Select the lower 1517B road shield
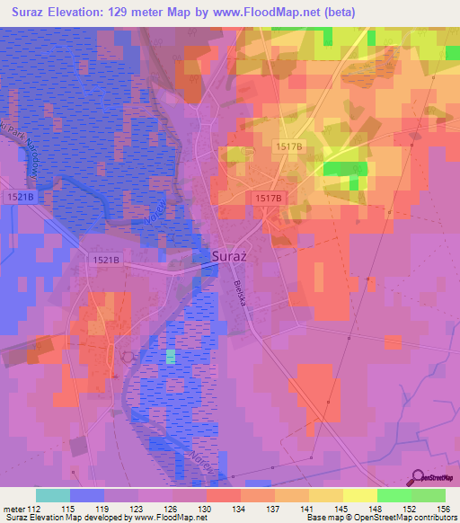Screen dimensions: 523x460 click(x=269, y=198)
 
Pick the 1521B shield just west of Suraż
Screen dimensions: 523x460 click(x=105, y=260)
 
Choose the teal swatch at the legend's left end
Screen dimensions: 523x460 click(x=52, y=495)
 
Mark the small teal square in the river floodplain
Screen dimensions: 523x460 click(x=171, y=357)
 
